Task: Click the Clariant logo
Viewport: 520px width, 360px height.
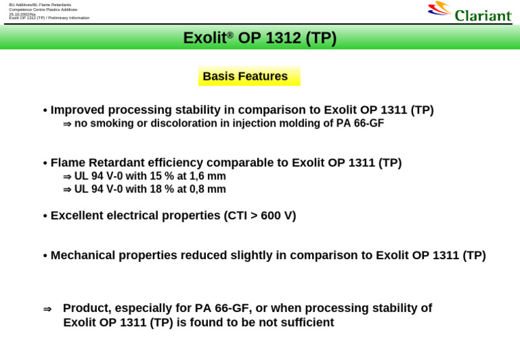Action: tap(469, 12)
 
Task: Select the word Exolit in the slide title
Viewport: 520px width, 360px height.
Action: tap(204, 38)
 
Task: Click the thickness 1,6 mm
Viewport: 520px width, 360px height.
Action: tap(207, 176)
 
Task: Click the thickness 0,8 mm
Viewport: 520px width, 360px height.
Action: tap(207, 189)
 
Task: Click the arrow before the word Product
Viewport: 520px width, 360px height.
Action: tap(47, 309)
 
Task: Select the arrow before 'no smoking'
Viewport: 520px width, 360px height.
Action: tap(67, 124)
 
